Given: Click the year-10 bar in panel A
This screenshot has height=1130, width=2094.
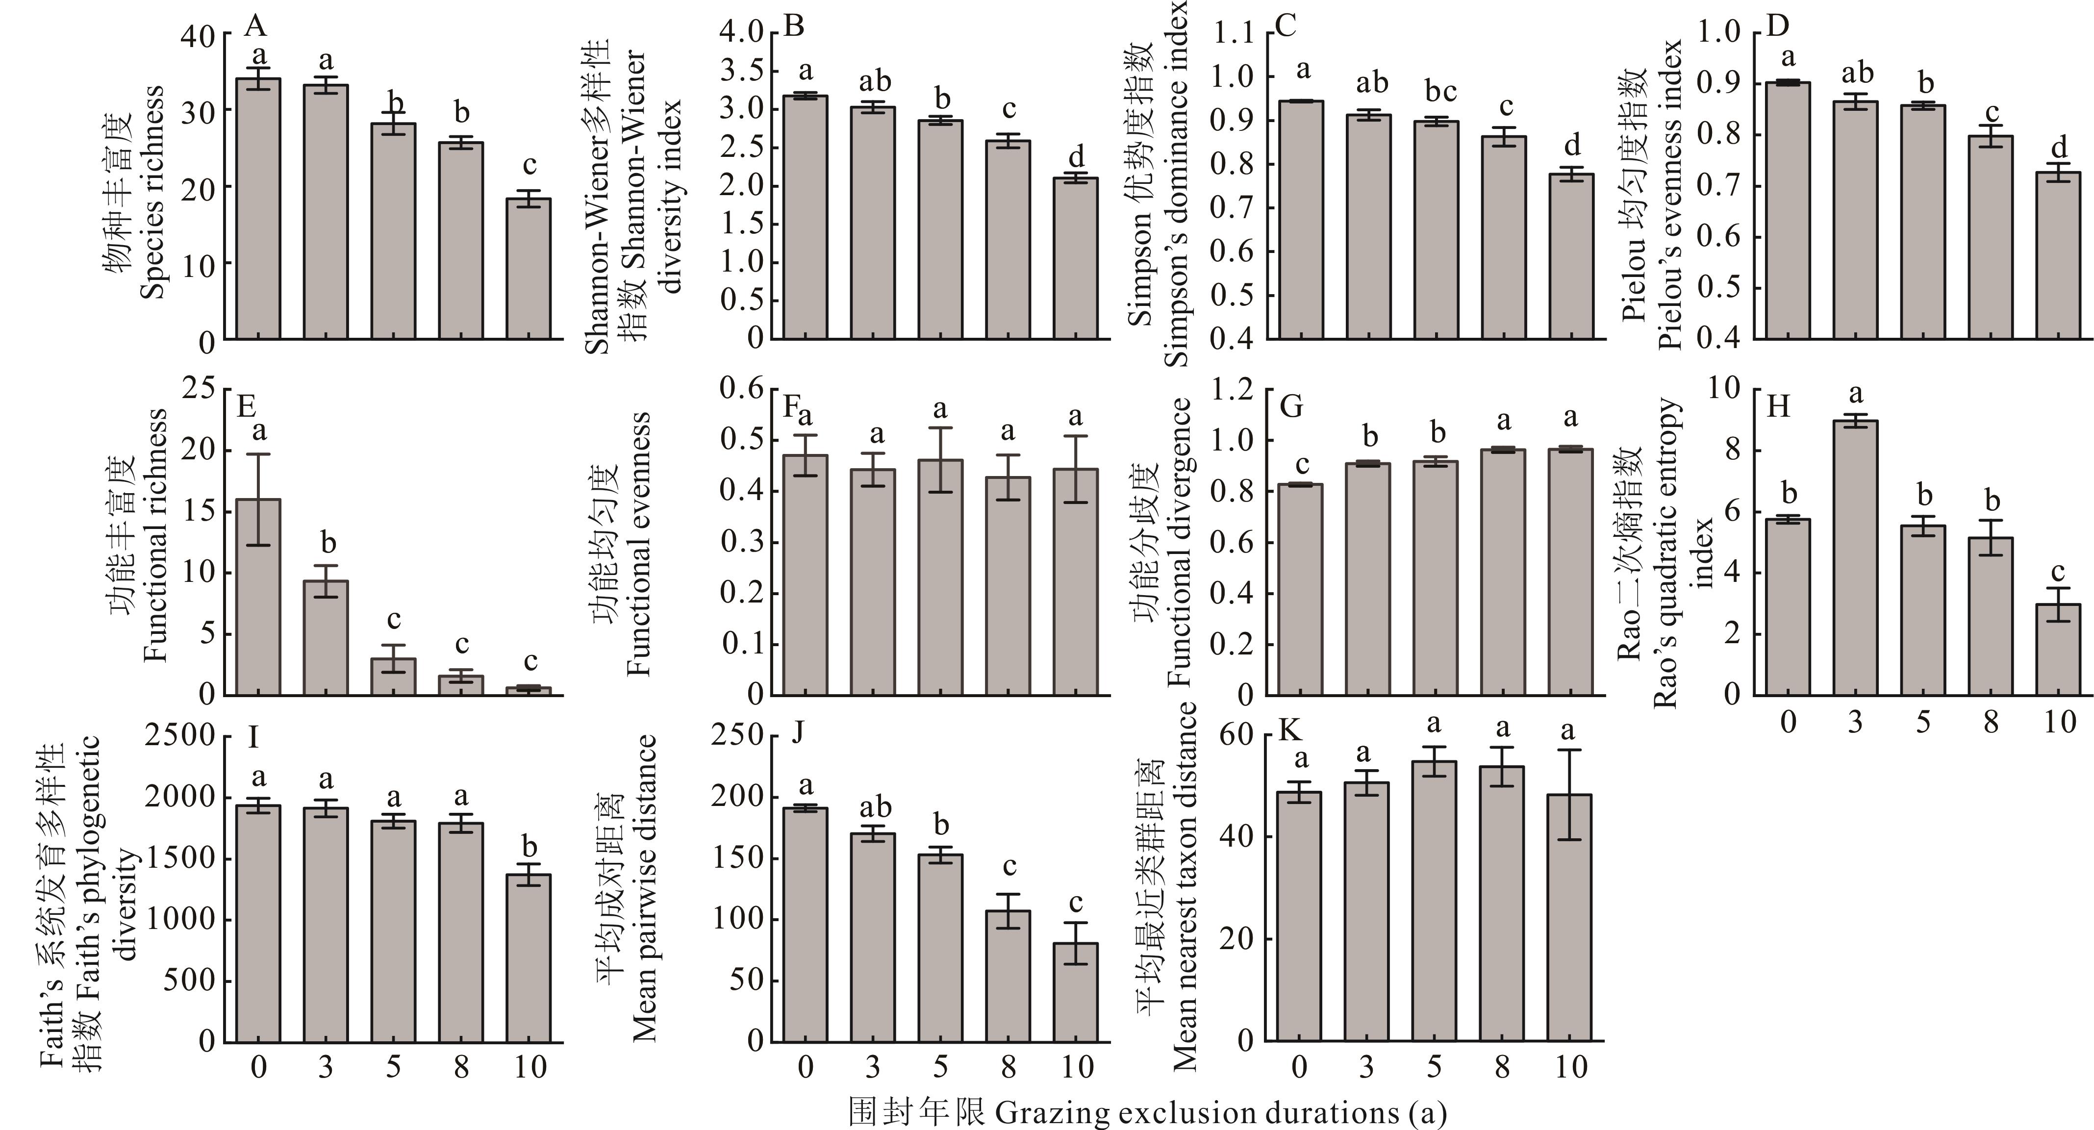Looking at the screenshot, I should (x=529, y=268).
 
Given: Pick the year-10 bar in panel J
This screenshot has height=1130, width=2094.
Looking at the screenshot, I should (x=1076, y=992).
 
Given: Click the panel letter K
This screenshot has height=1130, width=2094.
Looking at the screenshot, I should (x=1289, y=731).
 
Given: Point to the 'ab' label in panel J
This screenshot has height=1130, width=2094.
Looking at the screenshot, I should (x=874, y=807).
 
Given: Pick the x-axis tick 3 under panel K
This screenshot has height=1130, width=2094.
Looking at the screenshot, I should (x=1366, y=1067).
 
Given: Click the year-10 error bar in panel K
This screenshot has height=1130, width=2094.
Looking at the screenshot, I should (x=1570, y=794).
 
